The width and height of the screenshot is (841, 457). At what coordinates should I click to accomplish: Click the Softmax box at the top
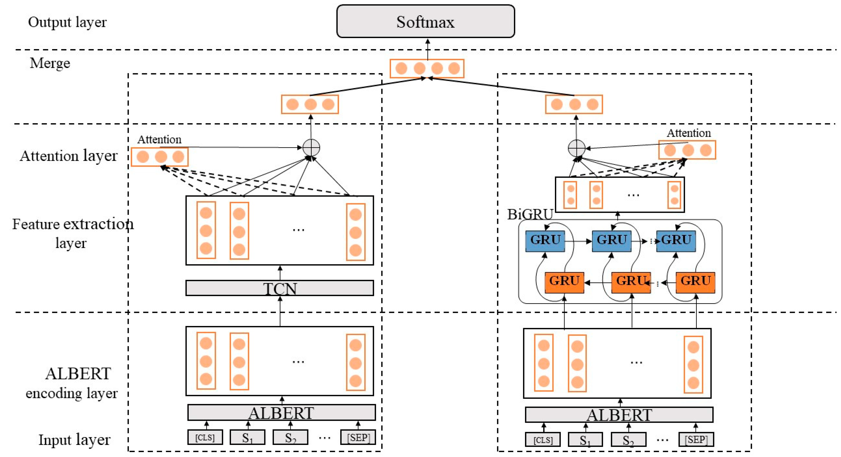tap(425, 21)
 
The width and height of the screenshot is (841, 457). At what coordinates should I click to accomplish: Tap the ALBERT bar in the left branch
tap(281, 413)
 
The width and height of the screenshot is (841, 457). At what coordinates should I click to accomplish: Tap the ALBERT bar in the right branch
tap(619, 415)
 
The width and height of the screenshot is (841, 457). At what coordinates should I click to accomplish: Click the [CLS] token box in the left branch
tap(205, 437)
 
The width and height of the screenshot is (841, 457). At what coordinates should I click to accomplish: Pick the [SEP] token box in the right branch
tap(696, 439)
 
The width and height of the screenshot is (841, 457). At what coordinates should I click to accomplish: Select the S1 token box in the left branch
tap(247, 437)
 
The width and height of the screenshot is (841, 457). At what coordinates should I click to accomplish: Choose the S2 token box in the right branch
tap(628, 439)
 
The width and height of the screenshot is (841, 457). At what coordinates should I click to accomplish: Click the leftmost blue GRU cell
tap(545, 240)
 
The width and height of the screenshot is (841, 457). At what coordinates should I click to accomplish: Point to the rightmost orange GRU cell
tap(695, 282)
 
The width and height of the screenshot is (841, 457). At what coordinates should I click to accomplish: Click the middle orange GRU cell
tap(631, 282)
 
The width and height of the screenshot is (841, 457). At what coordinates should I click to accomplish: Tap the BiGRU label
tap(530, 214)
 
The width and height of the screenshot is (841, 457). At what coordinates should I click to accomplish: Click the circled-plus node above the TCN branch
tap(311, 148)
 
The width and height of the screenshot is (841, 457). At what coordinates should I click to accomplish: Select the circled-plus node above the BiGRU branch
tap(576, 148)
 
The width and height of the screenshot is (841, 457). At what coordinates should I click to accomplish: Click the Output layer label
tap(67, 22)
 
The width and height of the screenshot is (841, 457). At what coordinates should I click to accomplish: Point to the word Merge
tap(50, 63)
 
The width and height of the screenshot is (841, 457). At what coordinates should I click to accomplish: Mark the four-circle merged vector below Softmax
tap(427, 69)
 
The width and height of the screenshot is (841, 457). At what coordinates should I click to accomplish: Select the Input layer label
tap(74, 439)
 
